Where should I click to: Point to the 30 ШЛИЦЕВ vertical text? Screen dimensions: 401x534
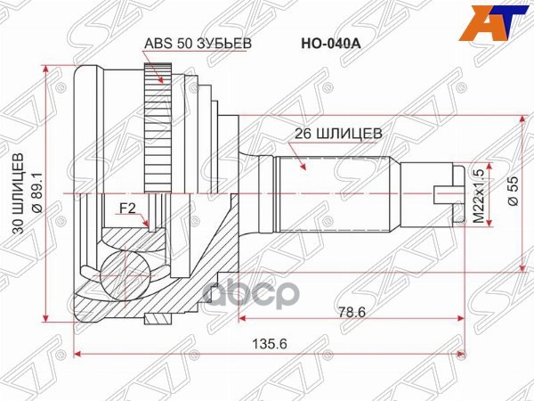[x=18, y=192]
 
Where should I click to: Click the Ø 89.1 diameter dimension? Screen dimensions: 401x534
[x=36, y=192]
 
